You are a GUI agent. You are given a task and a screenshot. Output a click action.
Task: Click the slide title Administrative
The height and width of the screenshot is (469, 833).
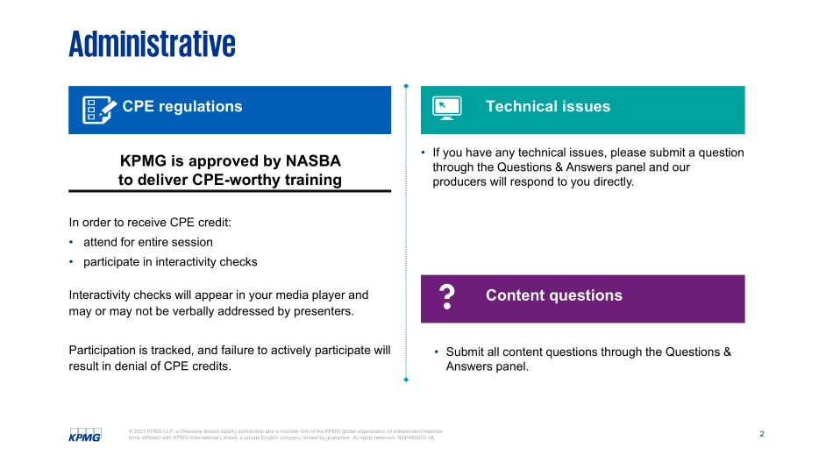point(152,44)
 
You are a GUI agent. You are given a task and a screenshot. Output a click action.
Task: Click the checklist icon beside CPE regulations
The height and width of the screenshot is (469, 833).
point(98,110)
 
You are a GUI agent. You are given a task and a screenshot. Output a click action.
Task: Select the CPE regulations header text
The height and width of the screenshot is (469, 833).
point(182,107)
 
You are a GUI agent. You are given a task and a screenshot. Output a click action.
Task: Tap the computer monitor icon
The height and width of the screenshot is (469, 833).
point(446,108)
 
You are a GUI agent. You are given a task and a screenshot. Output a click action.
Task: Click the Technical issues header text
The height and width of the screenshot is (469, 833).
point(547,107)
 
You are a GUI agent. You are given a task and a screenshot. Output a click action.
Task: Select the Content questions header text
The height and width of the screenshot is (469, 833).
point(553,295)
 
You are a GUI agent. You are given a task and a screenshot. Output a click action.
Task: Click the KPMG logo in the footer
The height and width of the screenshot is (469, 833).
point(85,435)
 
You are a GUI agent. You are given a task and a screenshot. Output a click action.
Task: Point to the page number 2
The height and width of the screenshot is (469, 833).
point(761,434)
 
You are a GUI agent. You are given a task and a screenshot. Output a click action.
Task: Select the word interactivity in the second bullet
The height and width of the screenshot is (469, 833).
point(179,262)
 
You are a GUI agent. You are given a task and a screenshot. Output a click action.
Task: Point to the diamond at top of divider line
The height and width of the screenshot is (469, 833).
point(405,86)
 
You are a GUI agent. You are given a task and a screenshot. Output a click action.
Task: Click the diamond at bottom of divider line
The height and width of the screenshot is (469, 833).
point(405,380)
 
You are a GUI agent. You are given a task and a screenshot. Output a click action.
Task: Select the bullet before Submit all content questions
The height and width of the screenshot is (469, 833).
point(436,352)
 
